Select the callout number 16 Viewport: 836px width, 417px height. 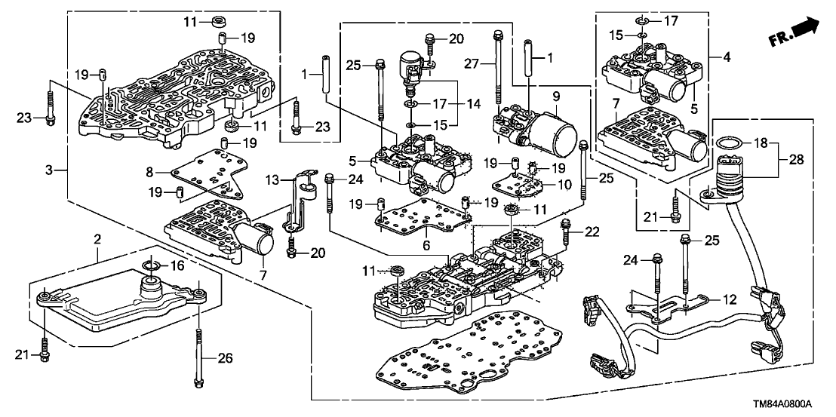[x=177, y=266]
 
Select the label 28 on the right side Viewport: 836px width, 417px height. [x=795, y=160]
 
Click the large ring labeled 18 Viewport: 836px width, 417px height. [x=727, y=144]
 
